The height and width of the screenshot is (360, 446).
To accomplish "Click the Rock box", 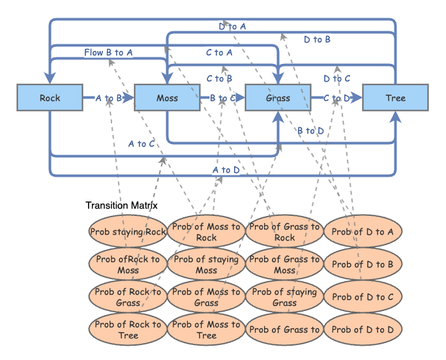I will coord(50,98).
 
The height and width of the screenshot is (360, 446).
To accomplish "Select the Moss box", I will coord(167,98).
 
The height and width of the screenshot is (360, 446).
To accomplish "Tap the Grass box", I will coord(278,98).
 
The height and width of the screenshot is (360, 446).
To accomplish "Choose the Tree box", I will coord(395,98).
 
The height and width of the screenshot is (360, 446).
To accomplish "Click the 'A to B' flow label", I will coord(108,98).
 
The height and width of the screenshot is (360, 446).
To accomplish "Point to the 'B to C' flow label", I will coord(222,98).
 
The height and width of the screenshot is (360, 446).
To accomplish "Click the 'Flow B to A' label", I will coord(108,52).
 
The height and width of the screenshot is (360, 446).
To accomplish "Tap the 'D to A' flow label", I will coord(232,27).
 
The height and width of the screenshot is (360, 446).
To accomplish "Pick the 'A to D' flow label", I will coord(226,170).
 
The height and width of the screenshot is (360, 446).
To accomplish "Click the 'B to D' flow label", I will coord(310,131).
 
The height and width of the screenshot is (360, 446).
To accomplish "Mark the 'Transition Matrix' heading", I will coord(121,205).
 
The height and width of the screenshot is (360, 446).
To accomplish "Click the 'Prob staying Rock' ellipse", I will coord(128,232).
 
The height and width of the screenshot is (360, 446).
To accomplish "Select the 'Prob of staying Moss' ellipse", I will coord(206,264).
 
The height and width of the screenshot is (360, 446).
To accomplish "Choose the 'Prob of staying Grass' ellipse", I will coord(284,297).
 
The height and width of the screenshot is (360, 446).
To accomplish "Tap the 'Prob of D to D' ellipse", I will coord(363,329).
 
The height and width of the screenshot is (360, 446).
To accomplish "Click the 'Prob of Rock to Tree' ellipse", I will coord(128,329).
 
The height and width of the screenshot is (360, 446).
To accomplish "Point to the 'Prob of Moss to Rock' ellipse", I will coord(206,232).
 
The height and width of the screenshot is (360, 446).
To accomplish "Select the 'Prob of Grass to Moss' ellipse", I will coord(284,264).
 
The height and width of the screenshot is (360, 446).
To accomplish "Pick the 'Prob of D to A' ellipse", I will coord(363,232).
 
